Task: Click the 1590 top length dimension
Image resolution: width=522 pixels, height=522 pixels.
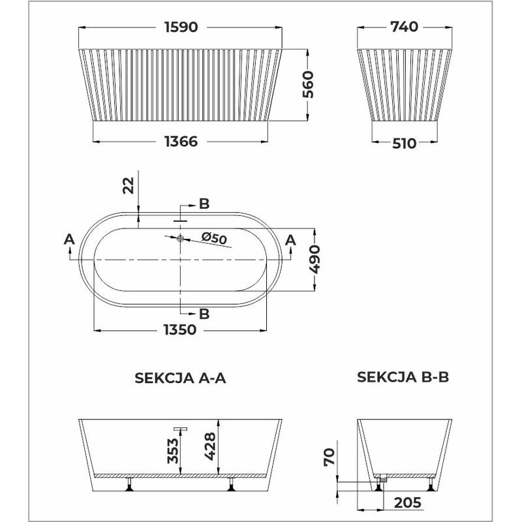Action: (x=181, y=27)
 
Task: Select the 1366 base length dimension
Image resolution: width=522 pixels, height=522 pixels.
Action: (x=181, y=142)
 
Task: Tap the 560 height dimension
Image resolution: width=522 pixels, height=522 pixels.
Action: (x=308, y=85)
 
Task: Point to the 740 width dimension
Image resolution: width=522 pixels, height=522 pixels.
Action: (x=404, y=27)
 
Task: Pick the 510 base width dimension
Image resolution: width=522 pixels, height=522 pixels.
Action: (x=404, y=144)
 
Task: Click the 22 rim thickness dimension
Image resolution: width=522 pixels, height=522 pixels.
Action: (x=129, y=185)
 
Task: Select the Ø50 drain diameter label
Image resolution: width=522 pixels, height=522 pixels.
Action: (x=214, y=238)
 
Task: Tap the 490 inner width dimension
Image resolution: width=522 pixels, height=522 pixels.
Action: (x=315, y=259)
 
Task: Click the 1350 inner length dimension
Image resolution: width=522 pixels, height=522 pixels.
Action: (x=180, y=330)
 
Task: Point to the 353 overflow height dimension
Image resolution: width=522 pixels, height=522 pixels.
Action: (x=173, y=451)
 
